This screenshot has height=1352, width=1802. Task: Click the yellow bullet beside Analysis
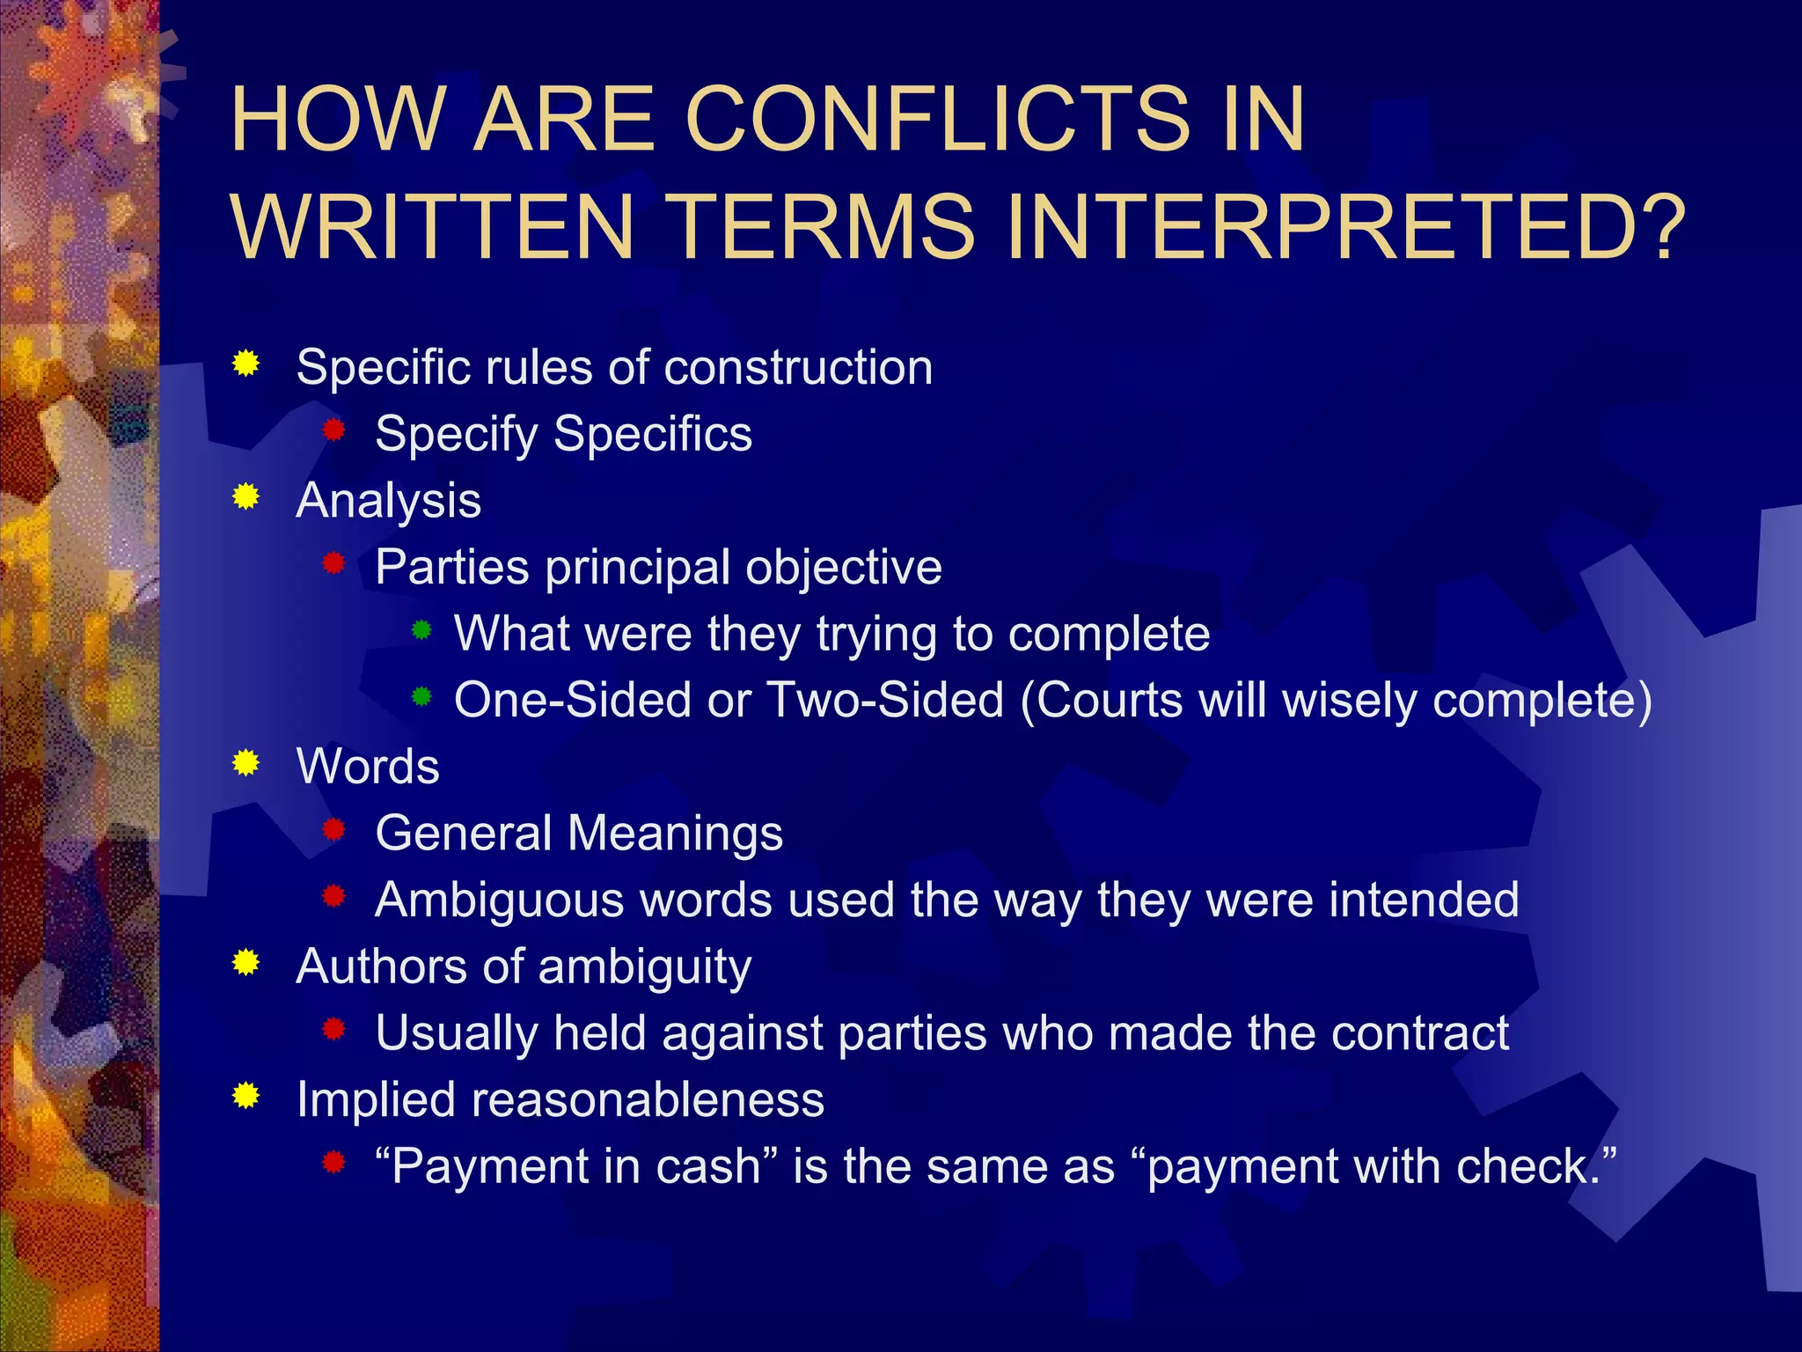[246, 497]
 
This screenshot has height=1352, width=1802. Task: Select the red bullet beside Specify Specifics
[333, 430]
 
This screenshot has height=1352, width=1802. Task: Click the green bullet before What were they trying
[422, 630]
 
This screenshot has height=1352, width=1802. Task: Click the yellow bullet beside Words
[246, 763]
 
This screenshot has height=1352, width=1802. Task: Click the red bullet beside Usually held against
[333, 1029]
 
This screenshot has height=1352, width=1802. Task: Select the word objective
[844, 568]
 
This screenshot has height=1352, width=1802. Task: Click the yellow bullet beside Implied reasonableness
[246, 1096]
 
